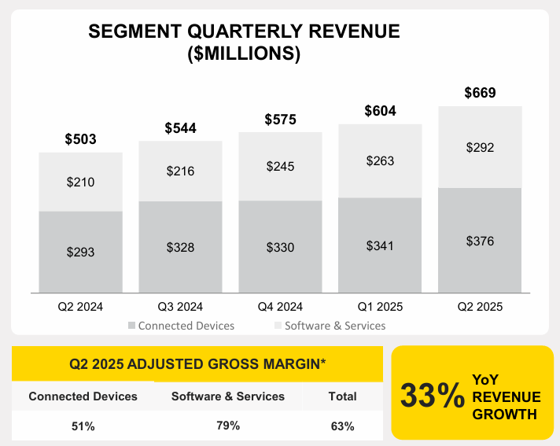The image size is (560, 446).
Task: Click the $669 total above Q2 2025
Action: [480, 93]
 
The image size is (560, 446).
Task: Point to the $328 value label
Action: [180, 247]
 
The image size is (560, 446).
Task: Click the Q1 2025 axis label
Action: [380, 307]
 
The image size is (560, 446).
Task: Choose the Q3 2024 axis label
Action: [180, 307]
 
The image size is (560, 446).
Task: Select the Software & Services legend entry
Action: [330, 326]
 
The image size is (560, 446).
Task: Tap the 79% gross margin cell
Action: [228, 426]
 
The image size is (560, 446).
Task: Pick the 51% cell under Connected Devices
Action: [83, 426]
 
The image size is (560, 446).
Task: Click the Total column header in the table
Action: [343, 396]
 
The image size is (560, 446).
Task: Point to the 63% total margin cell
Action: [343, 426]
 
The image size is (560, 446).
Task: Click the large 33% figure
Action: [432, 396]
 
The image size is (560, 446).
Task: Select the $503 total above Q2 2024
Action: [80, 139]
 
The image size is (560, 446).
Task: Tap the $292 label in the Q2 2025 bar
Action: [480, 147]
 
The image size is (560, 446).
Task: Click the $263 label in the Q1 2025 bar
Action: [380, 160]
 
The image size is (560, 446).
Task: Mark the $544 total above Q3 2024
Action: [180, 128]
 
